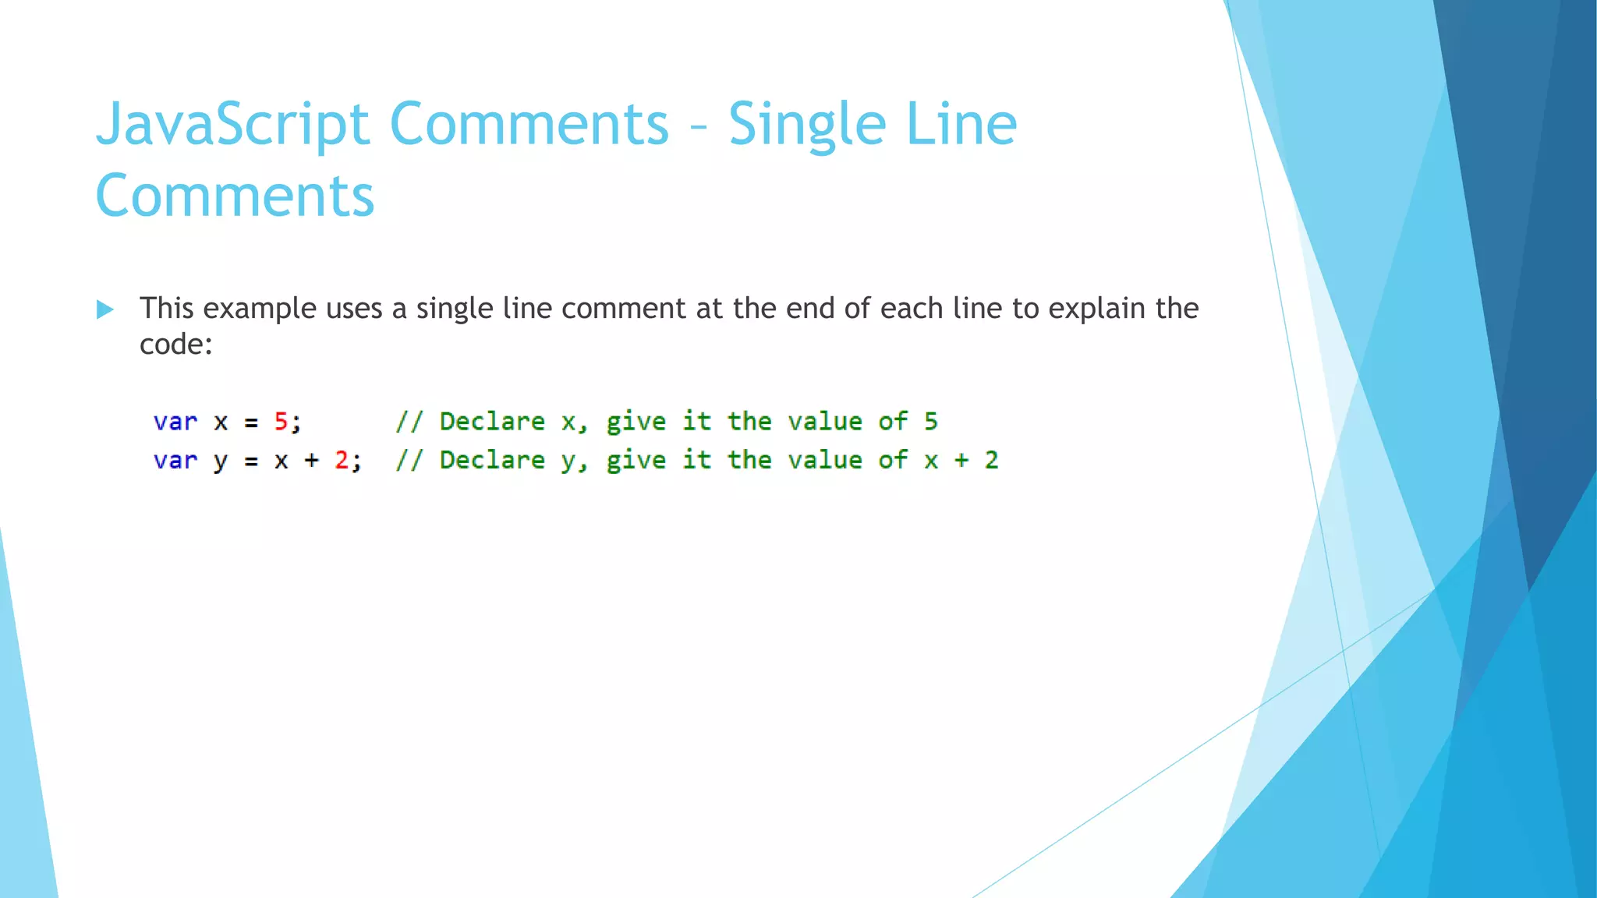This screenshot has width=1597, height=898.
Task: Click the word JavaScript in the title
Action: click(x=232, y=125)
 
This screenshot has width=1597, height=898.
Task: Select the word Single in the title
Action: click(x=806, y=125)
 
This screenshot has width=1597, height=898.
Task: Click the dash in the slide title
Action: click(x=699, y=127)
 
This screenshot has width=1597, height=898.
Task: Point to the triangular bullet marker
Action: click(x=104, y=309)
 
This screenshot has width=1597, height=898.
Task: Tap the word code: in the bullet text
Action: click(x=175, y=345)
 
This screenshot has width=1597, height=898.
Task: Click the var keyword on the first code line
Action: click(x=175, y=422)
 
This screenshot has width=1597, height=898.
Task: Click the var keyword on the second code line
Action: click(x=175, y=461)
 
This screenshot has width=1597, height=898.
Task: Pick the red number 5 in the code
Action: click(x=281, y=422)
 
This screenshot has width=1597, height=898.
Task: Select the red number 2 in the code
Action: click(x=342, y=461)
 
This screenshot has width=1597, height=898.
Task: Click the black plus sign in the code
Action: click(x=311, y=461)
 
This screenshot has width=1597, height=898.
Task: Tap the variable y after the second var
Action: click(x=220, y=461)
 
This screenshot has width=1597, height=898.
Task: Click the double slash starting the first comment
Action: click(x=409, y=422)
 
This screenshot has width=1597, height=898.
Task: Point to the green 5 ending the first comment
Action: click(x=930, y=422)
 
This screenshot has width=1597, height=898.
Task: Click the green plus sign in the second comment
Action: click(x=961, y=461)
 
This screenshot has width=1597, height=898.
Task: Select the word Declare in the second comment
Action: click(x=492, y=460)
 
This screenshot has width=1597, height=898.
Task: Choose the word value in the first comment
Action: click(x=824, y=422)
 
